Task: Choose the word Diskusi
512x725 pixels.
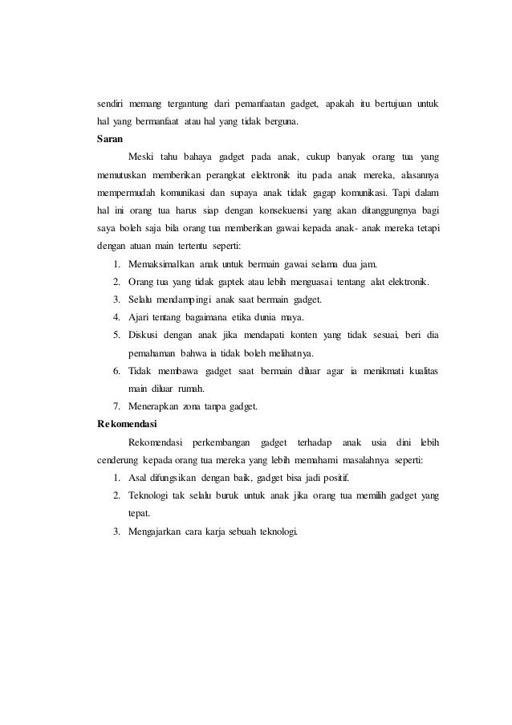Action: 146,335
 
